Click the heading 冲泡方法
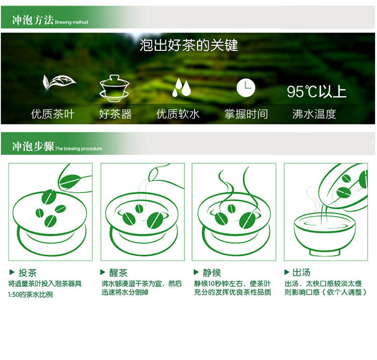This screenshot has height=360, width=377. pos(33,20)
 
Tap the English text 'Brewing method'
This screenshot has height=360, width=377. pos(71,22)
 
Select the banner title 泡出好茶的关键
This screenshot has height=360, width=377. pos(189,45)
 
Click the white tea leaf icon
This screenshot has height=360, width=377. pos(59,82)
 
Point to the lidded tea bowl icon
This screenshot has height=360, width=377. pos(115,88)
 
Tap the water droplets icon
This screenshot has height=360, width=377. pos(181,87)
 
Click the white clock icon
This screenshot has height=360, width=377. pos(246,88)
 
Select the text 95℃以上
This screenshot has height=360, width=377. pos(316,91)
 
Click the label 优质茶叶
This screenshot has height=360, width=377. pos(53,114)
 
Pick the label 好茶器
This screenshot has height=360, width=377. pos(116,114)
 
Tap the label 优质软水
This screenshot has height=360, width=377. pos(178,114)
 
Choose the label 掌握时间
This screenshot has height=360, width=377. pos(246,114)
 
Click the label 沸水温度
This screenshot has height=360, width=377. pos(314,114)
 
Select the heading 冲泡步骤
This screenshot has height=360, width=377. pos(33,146)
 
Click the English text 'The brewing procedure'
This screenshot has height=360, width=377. pos(78,149)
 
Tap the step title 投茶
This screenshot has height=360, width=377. pos(28,273)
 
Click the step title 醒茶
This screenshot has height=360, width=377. pos(118,273)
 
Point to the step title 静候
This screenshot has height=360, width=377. pos(212,273)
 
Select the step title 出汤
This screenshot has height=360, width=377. pos(301,272)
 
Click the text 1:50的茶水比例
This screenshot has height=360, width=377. pos(30,294)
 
